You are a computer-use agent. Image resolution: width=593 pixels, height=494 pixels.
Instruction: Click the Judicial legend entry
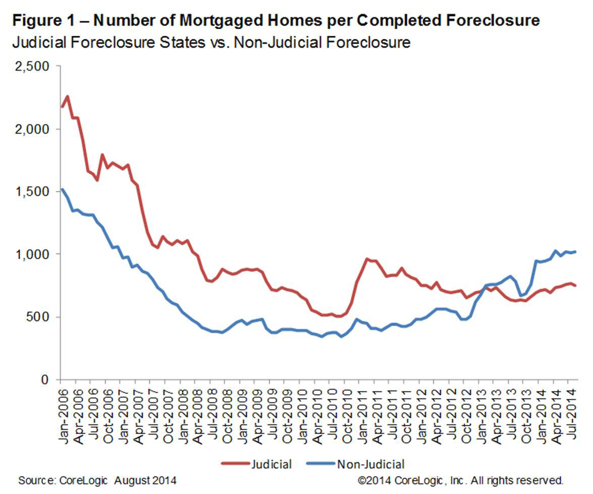270,463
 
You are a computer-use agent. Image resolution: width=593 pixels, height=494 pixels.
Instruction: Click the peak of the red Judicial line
67,96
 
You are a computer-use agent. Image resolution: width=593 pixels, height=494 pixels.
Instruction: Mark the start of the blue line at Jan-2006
61,189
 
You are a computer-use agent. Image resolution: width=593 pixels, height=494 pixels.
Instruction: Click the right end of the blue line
576,252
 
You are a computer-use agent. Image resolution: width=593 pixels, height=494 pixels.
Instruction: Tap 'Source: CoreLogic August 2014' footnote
97,479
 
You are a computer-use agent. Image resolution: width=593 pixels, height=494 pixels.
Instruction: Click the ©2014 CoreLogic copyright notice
460,479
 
